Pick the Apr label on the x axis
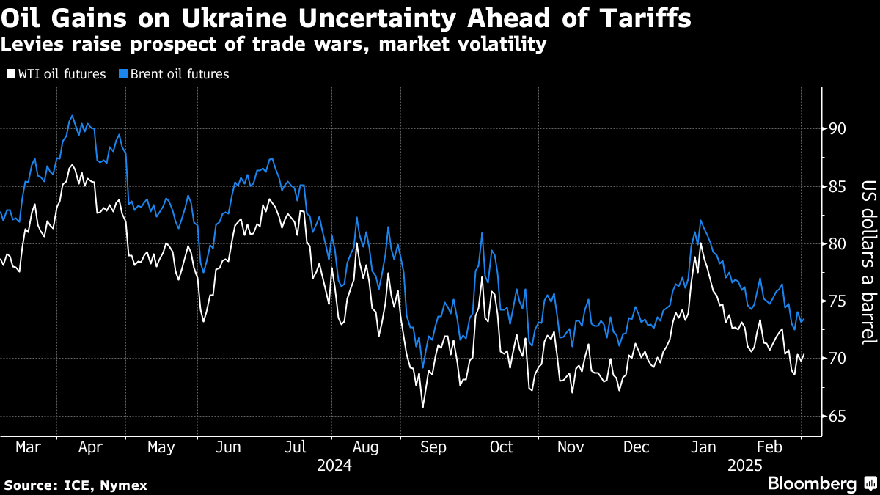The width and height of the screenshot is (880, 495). click(89, 447)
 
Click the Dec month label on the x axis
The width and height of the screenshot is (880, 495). click(635, 447)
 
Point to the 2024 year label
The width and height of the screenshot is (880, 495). click(334, 465)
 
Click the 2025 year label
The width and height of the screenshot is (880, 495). click(744, 465)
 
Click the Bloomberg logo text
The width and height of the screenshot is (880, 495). click(813, 483)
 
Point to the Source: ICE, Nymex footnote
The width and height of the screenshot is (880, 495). click(76, 485)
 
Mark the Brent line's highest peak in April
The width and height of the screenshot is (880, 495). click(71, 115)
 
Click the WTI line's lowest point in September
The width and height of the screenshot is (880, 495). click(422, 407)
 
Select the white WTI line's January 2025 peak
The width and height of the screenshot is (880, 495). click(701, 243)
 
